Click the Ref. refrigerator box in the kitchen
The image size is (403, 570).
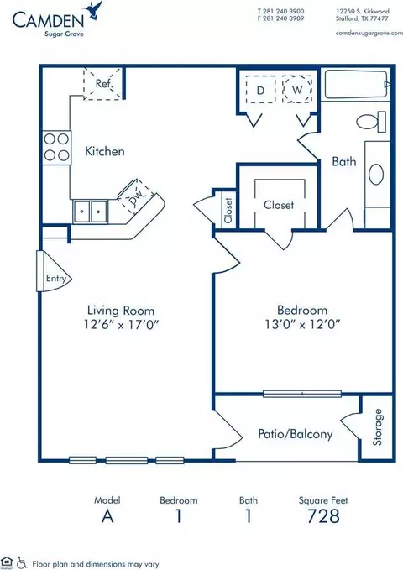[x=102, y=83]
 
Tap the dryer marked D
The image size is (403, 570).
[x=260, y=90]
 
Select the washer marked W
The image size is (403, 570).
[x=297, y=90]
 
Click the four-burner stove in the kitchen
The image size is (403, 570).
[x=57, y=148]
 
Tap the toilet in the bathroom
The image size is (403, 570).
[x=370, y=122]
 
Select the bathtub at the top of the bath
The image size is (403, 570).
[x=357, y=84]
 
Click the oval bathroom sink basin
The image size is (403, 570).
[x=376, y=175]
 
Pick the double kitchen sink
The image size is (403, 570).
[x=90, y=212]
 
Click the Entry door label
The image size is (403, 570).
[x=56, y=279]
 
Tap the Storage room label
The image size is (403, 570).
[x=378, y=427]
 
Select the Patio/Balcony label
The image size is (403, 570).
[x=295, y=434]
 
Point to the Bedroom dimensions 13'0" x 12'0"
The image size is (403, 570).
[x=302, y=323]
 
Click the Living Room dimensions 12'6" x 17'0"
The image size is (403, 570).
[x=121, y=323]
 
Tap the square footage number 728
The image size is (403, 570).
[x=323, y=515]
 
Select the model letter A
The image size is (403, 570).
[x=107, y=515]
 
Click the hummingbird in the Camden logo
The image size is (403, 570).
[x=93, y=9]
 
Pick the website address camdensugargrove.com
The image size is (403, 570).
[x=369, y=33]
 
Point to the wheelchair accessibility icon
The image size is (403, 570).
[x=23, y=562]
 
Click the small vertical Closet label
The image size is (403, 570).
[x=228, y=211]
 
